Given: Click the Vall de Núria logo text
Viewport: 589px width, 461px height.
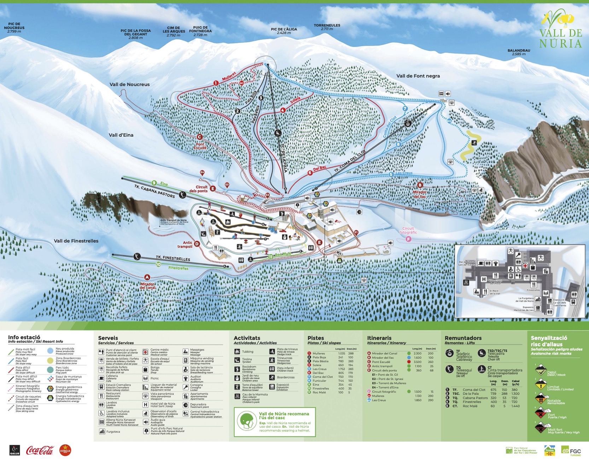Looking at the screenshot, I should (x=560, y=38).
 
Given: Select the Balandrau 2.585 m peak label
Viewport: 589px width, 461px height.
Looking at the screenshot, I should (x=519, y=52).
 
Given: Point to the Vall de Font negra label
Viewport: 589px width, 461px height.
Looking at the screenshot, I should (x=418, y=76).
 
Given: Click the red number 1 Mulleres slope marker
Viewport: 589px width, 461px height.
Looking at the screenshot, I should (x=216, y=83).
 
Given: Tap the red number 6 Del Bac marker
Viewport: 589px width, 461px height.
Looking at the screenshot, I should (x=310, y=173).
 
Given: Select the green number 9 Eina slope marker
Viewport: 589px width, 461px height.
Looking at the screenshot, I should (x=154, y=183).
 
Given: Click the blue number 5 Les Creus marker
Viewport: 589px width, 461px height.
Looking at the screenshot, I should (x=391, y=174).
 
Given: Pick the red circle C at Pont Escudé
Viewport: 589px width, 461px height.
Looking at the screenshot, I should (x=199, y=137).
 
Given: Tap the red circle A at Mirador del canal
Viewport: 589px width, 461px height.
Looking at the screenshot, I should (x=147, y=277).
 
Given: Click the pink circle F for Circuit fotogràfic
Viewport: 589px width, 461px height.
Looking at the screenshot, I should (x=409, y=239).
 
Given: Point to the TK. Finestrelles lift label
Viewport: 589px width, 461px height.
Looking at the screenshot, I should (x=173, y=258).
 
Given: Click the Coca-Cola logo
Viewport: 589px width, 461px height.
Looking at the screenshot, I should (x=40, y=450).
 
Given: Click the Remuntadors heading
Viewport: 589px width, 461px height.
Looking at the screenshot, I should (x=463, y=338).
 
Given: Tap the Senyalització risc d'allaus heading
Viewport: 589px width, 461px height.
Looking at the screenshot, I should (x=549, y=341).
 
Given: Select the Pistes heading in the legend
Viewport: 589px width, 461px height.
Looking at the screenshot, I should (x=315, y=338).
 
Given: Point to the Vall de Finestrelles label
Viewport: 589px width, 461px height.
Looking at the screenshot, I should (x=76, y=241).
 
